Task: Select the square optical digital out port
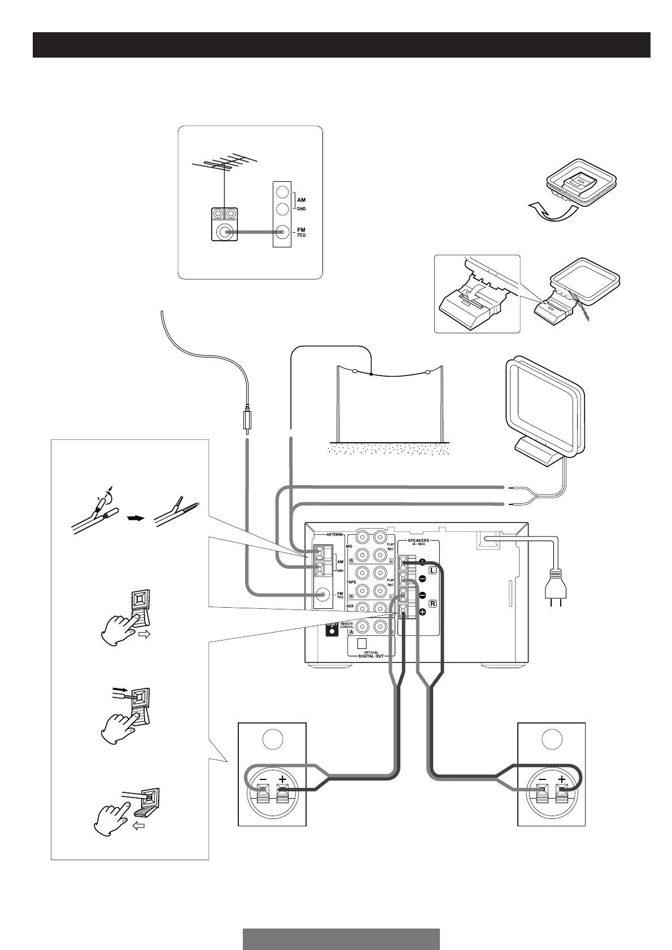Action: (x=363, y=643)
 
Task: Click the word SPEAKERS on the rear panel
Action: (x=418, y=541)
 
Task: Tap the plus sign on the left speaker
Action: (x=282, y=779)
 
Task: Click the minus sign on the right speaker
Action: (x=542, y=779)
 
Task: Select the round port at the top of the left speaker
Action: (x=272, y=739)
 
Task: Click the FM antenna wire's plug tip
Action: (x=247, y=421)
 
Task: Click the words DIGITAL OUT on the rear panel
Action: (x=371, y=656)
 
